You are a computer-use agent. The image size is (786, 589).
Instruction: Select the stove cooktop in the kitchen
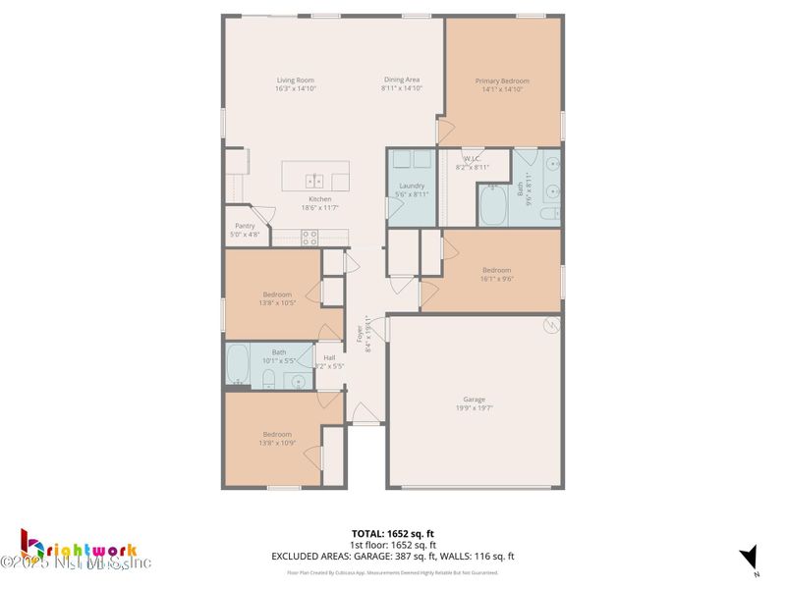click(309, 237)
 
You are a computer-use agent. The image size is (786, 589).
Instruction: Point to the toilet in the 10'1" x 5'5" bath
click(268, 379)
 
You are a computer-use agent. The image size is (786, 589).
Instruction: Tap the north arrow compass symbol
click(750, 557)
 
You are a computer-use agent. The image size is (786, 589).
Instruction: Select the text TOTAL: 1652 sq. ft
click(393, 534)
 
